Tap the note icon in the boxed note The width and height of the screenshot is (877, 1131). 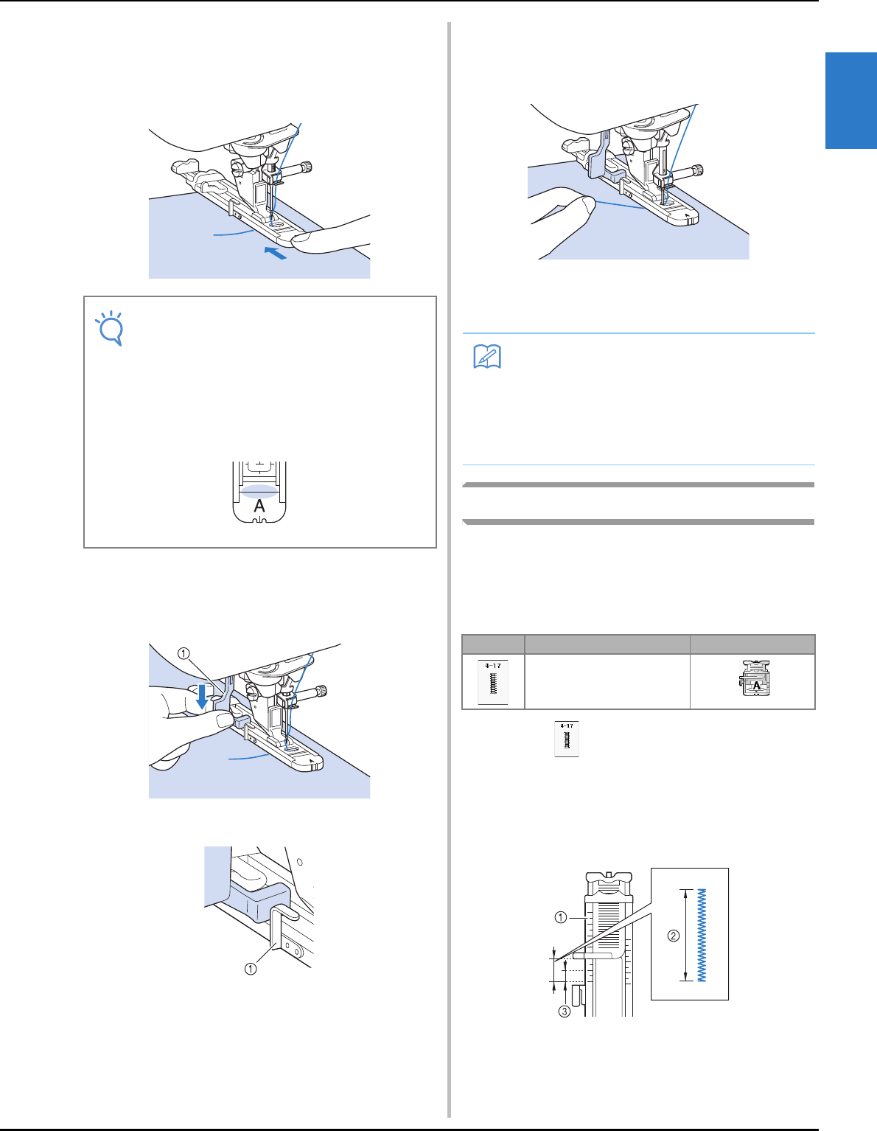[108, 328]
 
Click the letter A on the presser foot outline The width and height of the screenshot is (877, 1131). [259, 507]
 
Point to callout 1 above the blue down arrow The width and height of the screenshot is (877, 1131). [184, 653]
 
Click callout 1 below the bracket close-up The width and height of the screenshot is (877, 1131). [251, 969]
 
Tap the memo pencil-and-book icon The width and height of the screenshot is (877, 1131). [486, 358]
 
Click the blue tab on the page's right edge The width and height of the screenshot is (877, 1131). [850, 100]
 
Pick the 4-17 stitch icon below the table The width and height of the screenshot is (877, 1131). [567, 739]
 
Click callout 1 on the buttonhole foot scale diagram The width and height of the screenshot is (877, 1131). [561, 918]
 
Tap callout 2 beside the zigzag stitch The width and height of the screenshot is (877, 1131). [673, 936]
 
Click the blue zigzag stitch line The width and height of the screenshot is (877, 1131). [702, 935]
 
